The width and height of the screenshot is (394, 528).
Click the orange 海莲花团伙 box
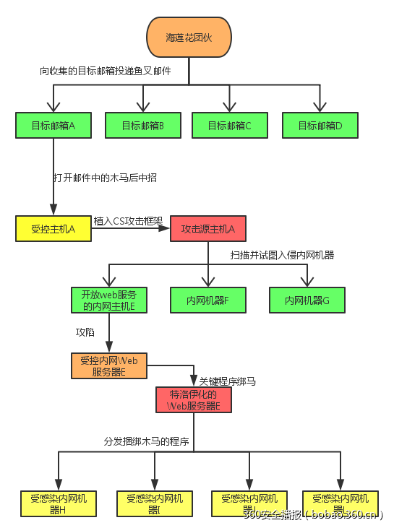189,37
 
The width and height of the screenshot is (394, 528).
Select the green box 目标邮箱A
53,125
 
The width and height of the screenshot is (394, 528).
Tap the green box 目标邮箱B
142,126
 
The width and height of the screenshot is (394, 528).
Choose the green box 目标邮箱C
230,126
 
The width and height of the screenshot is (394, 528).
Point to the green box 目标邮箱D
320,126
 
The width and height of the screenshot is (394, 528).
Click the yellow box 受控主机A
53,228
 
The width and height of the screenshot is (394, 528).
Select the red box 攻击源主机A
208,229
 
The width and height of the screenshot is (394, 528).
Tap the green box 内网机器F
208,300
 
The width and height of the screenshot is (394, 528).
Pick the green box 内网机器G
307,300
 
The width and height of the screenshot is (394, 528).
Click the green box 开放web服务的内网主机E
108,300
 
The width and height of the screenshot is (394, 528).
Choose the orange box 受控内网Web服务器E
108,365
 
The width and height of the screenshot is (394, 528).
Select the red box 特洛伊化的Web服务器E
194,399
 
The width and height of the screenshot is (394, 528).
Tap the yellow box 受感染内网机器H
59,503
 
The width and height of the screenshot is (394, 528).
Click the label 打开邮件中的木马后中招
105,178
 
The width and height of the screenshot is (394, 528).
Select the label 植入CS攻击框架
128,221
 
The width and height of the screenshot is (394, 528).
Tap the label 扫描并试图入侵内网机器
282,255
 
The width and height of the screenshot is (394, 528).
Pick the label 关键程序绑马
227,381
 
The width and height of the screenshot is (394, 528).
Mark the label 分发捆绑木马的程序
147,441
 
